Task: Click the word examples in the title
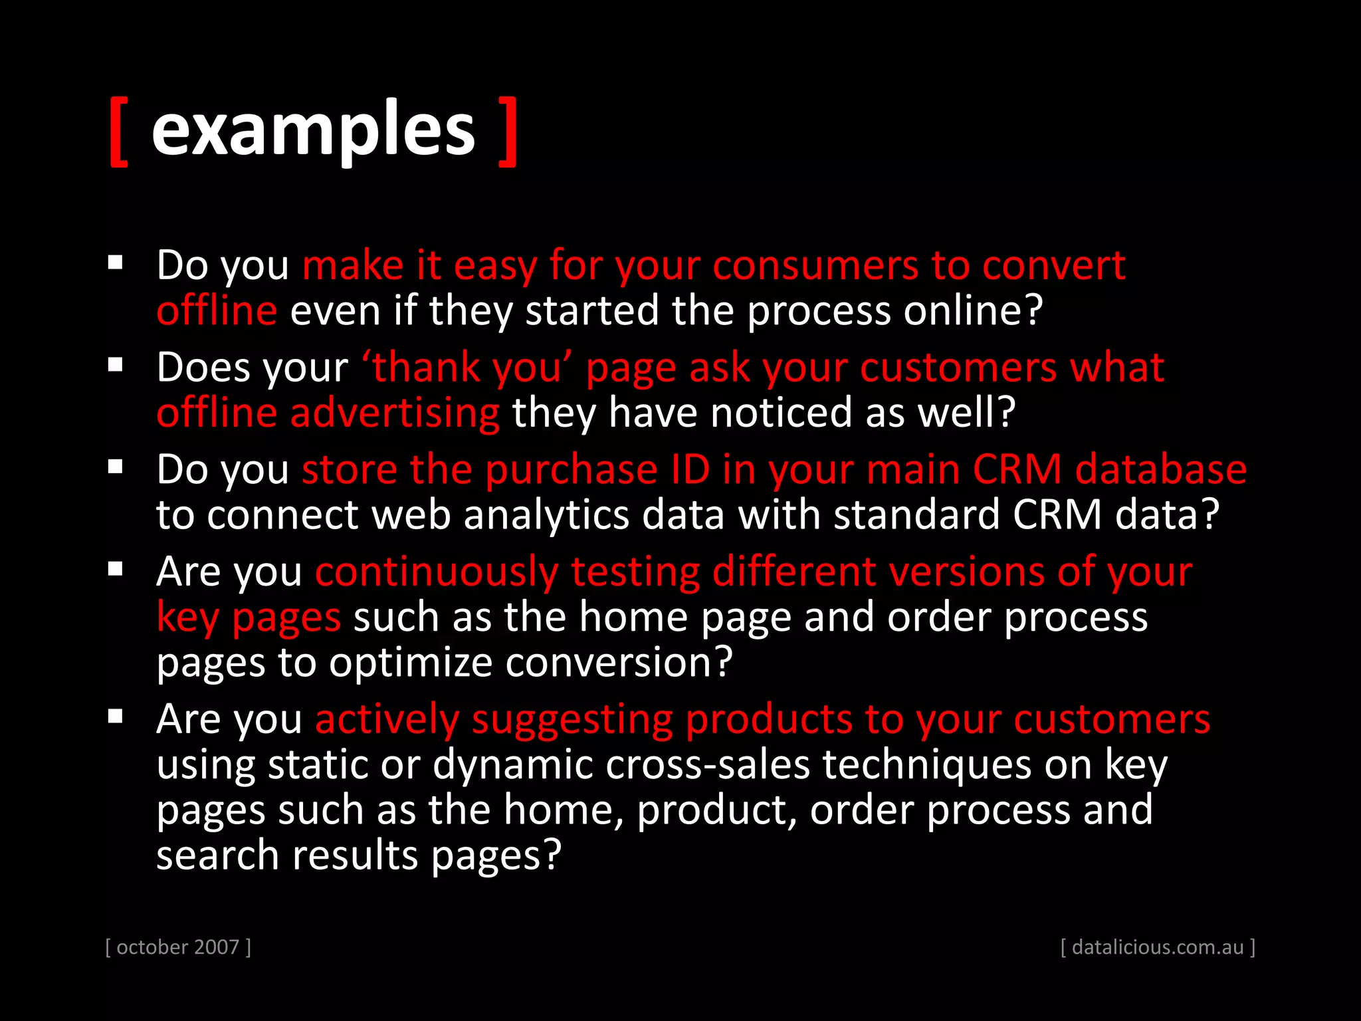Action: point(313,130)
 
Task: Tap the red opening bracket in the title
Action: point(118,131)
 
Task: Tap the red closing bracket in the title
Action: point(508,131)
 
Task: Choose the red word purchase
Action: point(572,470)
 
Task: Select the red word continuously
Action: point(437,572)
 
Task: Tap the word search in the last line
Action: point(217,855)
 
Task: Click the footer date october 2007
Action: point(178,947)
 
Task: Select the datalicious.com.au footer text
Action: point(1158,947)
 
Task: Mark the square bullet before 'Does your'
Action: point(116,365)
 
